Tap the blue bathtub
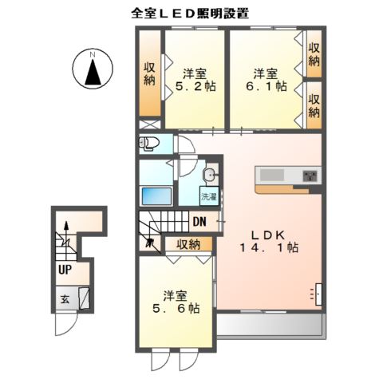(158, 196)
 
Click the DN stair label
(201, 222)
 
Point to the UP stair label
(64, 269)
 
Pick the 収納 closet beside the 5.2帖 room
(150, 73)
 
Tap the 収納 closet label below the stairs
(188, 244)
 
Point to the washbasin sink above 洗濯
(208, 176)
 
